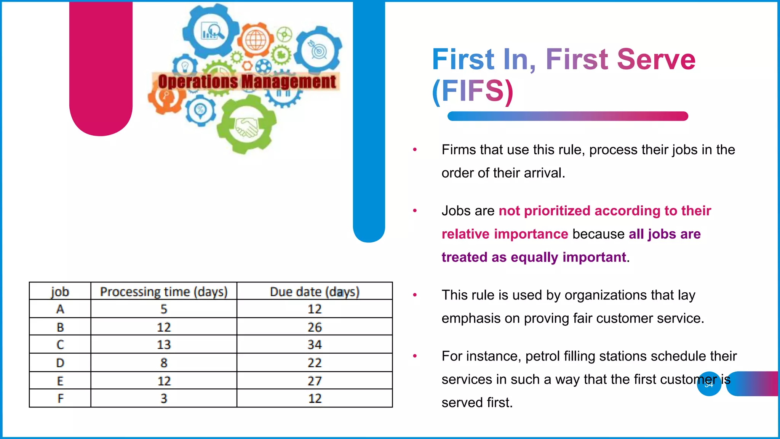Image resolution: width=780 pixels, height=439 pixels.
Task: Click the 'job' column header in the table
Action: click(x=60, y=292)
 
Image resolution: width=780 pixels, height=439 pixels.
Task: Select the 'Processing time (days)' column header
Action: click(x=164, y=292)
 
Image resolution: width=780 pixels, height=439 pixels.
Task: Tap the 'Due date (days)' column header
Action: click(x=315, y=292)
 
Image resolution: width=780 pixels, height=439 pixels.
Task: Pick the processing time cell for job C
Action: click(x=164, y=344)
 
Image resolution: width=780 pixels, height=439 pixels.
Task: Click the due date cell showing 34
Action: click(x=315, y=344)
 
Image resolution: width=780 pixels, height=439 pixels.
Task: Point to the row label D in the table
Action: click(x=60, y=362)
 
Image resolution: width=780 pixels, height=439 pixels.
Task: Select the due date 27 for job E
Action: click(x=315, y=381)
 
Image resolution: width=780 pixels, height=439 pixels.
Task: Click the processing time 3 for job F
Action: click(x=164, y=398)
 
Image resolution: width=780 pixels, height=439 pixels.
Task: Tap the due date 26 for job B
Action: click(x=315, y=327)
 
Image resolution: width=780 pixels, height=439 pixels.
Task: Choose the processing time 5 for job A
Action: click(x=164, y=309)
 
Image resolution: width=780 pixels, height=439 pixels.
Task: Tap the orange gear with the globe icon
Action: click(x=256, y=40)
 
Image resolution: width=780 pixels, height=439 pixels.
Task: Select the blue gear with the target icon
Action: click(x=319, y=50)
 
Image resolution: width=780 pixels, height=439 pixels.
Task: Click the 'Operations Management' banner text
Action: click(x=247, y=82)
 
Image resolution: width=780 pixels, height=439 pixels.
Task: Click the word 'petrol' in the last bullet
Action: click(x=541, y=356)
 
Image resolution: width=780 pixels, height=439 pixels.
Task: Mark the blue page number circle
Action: click(x=709, y=384)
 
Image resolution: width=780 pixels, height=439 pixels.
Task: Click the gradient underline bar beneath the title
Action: click(x=567, y=116)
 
